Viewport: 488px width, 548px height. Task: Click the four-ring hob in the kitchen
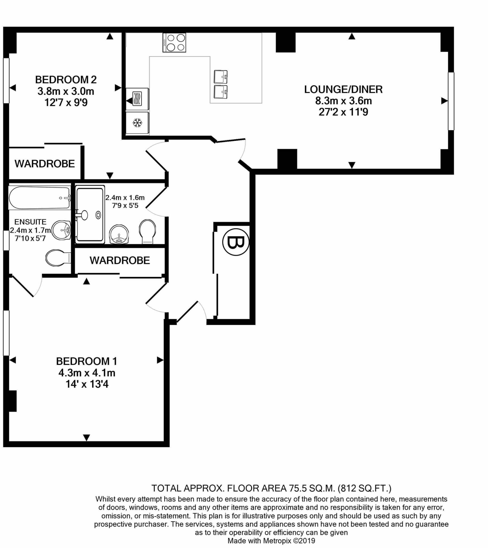(x=174, y=42)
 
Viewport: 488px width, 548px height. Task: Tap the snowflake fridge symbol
(x=138, y=123)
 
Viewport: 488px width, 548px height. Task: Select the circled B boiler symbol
(x=236, y=242)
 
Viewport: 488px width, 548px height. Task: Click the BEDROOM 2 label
(x=66, y=80)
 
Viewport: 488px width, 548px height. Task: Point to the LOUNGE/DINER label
(x=343, y=89)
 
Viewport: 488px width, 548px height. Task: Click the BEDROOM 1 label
(x=87, y=361)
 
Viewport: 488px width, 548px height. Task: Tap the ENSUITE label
(x=30, y=222)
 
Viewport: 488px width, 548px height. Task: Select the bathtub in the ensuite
(x=40, y=197)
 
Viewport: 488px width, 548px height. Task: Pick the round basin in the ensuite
(x=62, y=230)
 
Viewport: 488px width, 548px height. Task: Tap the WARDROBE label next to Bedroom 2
(x=45, y=163)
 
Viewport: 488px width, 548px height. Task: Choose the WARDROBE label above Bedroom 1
(x=120, y=260)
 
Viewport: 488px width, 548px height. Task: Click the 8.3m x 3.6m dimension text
(x=344, y=101)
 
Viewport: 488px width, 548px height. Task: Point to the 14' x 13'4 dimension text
(x=87, y=384)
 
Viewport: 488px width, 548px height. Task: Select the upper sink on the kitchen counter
(x=221, y=77)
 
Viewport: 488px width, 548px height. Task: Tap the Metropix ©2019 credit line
(x=271, y=541)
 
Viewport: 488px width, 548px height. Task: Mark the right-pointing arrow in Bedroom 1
(x=160, y=360)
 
